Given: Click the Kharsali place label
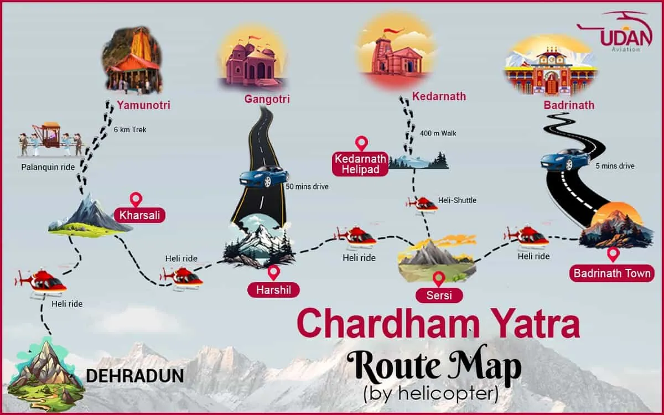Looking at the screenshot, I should [x=140, y=215].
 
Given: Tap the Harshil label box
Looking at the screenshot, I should [x=273, y=289].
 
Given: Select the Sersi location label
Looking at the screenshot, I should [x=439, y=295].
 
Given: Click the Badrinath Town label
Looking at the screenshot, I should [x=612, y=273].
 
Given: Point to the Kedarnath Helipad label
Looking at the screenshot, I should [x=360, y=164].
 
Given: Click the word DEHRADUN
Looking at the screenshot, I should [x=135, y=376].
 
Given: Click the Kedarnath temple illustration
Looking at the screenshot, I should [x=394, y=53].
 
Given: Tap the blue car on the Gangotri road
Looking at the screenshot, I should [x=263, y=176].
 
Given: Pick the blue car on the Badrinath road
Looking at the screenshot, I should [x=565, y=159].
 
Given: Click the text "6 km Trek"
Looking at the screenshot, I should [x=131, y=130].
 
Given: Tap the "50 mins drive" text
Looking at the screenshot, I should [x=307, y=186].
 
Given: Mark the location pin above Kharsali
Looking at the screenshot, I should [x=136, y=200].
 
